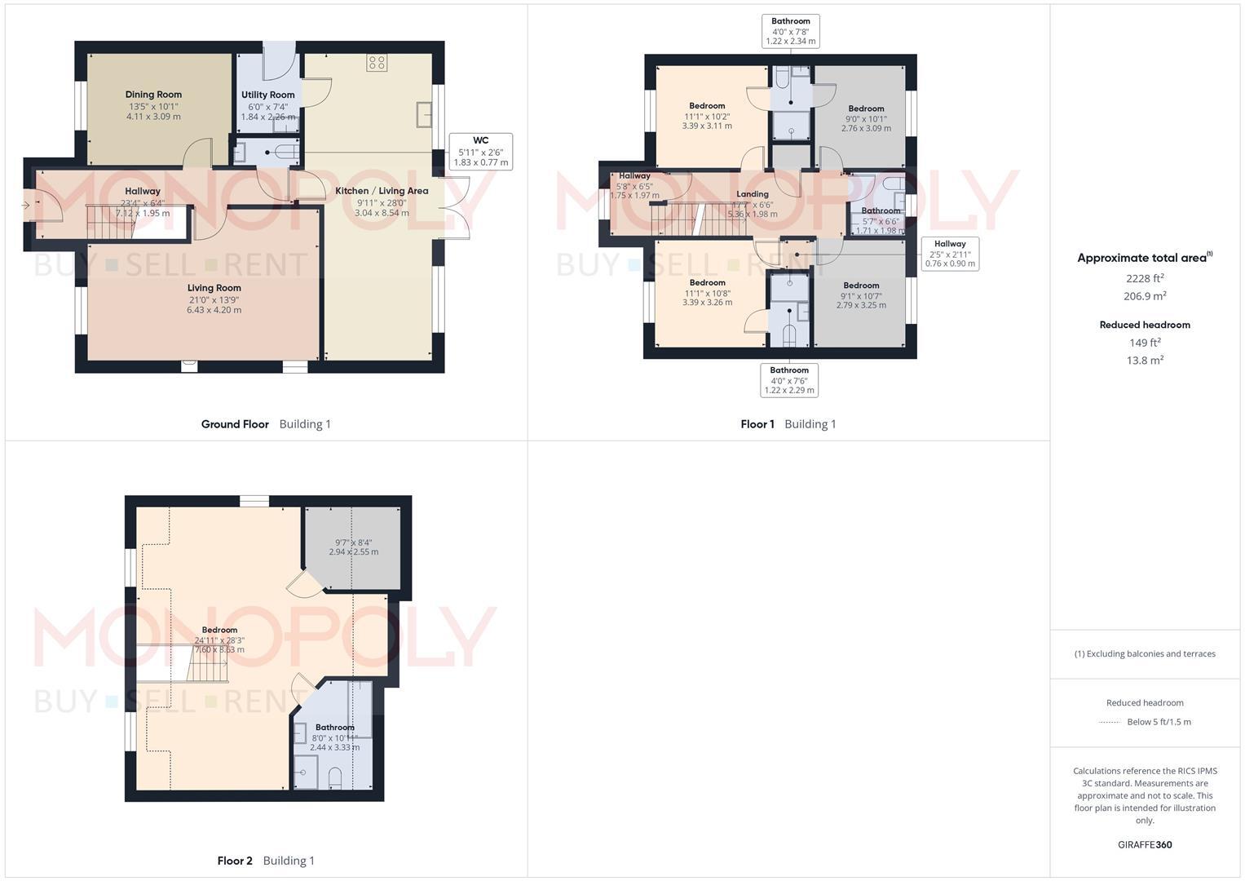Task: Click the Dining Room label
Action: click(x=153, y=95)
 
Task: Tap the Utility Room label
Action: click(x=267, y=95)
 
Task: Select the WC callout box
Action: click(x=480, y=152)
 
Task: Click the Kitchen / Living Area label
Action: click(x=382, y=191)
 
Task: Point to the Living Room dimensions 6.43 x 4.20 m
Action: click(x=214, y=310)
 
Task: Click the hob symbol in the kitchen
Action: click(x=376, y=63)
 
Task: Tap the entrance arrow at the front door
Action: click(x=27, y=205)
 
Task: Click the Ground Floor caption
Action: click(x=235, y=424)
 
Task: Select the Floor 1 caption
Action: click(x=757, y=424)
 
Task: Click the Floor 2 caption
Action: click(x=235, y=861)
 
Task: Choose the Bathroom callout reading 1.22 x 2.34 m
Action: click(x=790, y=31)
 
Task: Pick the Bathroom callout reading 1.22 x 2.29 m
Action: click(x=789, y=380)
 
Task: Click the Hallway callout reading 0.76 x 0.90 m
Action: click(x=950, y=254)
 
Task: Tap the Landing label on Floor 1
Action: click(x=752, y=194)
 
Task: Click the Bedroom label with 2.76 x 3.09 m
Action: click(x=866, y=108)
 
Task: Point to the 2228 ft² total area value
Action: click(x=1145, y=278)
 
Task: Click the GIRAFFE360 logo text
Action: click(x=1145, y=845)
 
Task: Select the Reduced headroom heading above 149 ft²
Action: click(x=1145, y=325)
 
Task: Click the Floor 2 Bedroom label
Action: click(x=219, y=630)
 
